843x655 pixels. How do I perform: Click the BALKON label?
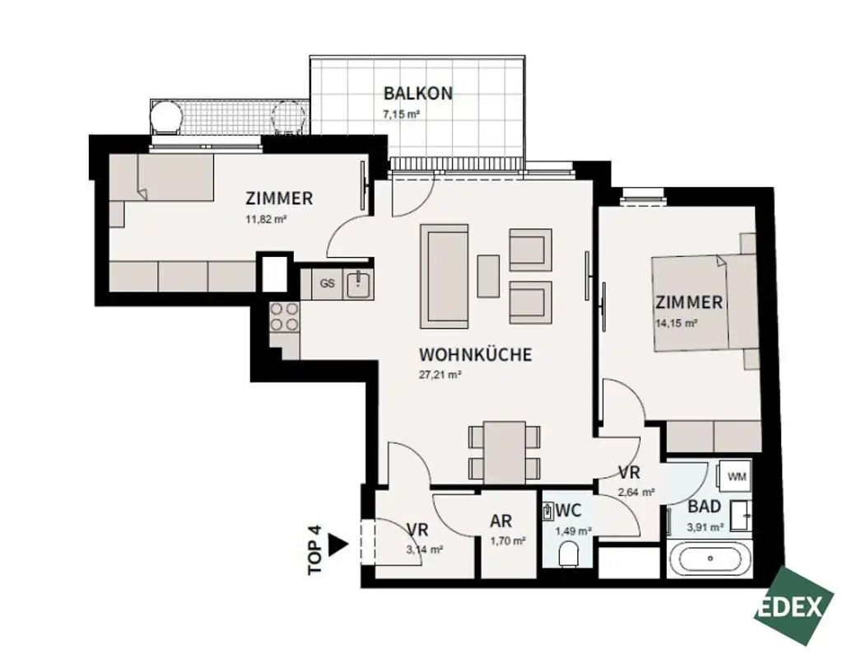417,93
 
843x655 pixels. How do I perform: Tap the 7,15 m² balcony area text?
401,115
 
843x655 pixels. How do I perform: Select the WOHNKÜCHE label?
475,355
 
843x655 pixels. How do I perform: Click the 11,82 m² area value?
265,219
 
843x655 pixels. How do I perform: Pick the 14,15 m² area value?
678,323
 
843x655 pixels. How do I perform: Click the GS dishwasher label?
327,283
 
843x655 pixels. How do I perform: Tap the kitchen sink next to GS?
357,283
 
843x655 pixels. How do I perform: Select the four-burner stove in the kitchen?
284,317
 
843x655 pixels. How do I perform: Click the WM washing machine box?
737,476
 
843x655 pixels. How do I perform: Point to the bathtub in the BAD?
710,562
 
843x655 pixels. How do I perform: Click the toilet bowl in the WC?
569,556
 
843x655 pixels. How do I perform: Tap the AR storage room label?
501,522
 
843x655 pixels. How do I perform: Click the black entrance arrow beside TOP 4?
337,545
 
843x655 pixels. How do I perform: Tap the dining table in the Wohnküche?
505,452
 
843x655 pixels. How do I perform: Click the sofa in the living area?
445,276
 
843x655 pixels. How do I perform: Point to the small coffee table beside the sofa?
487,276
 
